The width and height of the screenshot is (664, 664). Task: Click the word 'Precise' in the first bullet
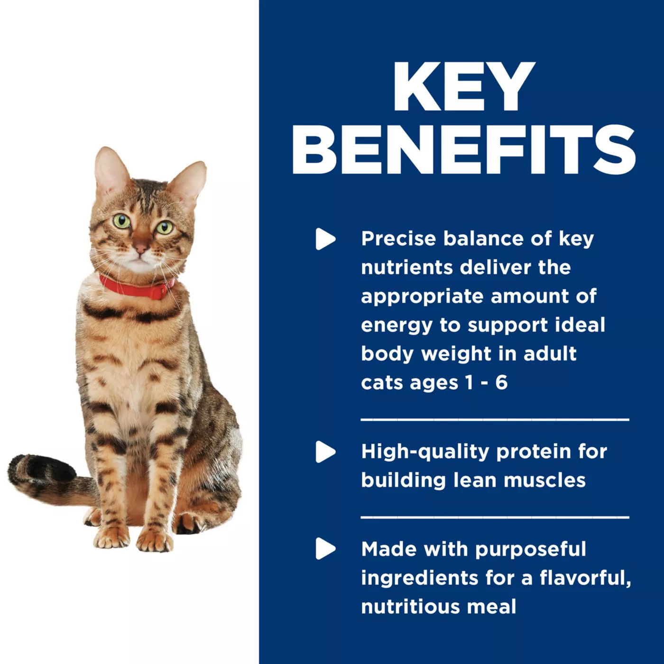point(398,239)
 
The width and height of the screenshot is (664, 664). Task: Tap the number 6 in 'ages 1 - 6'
point(501,382)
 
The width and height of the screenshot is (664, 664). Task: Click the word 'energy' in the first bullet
point(397,326)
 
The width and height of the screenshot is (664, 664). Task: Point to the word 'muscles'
point(545,480)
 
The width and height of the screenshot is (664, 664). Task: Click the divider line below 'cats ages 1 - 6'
point(495,420)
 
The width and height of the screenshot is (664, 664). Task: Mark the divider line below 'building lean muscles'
point(495,517)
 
